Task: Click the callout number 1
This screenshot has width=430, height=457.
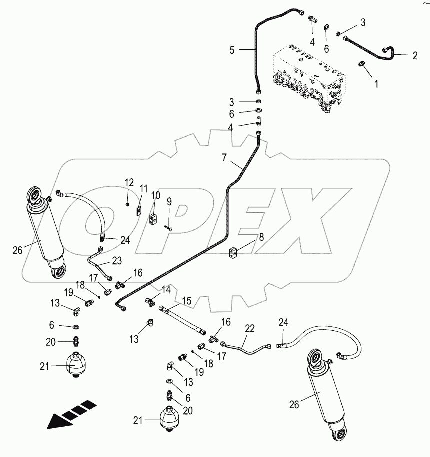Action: coord(377,84)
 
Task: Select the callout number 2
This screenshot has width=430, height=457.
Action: coord(414,56)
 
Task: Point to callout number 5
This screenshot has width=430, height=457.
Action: coord(232,50)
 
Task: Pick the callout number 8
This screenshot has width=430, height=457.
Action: coord(260,238)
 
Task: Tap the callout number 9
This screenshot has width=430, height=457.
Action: coord(169,201)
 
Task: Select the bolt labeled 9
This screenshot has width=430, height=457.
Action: coord(168,226)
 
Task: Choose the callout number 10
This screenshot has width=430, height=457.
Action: coord(155,195)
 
